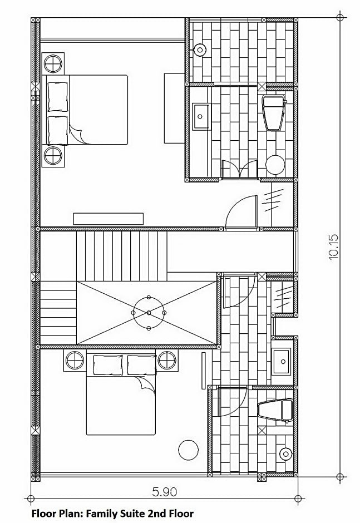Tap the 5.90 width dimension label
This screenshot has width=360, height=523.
point(165,492)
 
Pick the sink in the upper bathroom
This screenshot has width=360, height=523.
point(201,116)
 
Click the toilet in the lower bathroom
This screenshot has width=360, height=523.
point(275,411)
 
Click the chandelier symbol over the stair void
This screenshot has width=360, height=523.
point(149,313)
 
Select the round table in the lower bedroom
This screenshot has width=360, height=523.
point(188,450)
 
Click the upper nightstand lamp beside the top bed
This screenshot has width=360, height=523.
point(54,63)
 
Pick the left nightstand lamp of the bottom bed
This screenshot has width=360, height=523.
point(75,361)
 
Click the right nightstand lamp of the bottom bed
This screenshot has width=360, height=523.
point(167,361)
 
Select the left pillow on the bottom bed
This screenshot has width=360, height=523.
point(108,364)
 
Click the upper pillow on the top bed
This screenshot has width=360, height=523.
point(57,95)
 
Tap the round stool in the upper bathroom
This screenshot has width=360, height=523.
point(275,165)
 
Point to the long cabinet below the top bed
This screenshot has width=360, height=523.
point(109,219)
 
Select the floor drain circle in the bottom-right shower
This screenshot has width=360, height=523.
point(285,453)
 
